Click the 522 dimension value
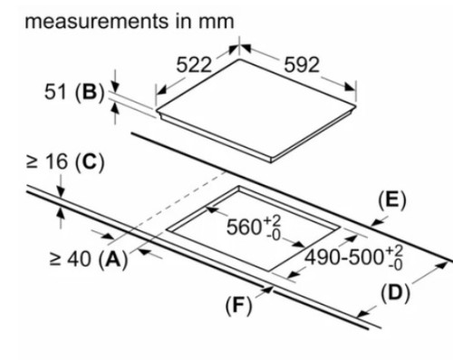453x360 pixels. pos(194,65)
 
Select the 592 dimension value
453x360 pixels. pos(302,64)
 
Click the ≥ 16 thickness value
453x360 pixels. pos(47,161)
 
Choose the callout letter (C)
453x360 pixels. pos(90,162)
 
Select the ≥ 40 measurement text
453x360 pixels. pos(70,259)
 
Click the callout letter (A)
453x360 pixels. pos(113,260)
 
